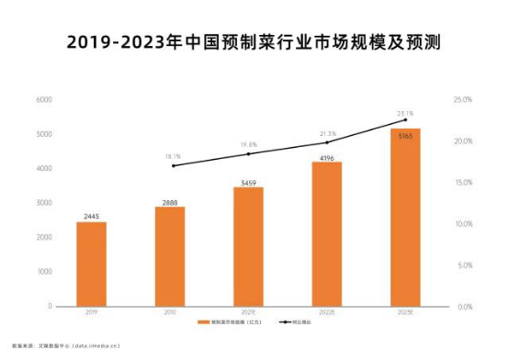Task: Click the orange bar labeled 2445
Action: (x=91, y=264)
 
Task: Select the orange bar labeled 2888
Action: (x=169, y=256)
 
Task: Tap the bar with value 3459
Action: (x=248, y=246)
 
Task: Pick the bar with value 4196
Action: (x=326, y=233)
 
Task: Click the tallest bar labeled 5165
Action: (x=405, y=217)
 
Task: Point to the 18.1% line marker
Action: (x=173, y=165)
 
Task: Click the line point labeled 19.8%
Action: (x=248, y=153)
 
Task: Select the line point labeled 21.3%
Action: (x=326, y=142)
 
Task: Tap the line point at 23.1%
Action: (x=405, y=120)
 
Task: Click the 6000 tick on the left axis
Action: (x=44, y=99)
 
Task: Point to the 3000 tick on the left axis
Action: (x=44, y=203)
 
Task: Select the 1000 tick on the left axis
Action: (x=44, y=272)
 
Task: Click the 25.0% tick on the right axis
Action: (x=462, y=99)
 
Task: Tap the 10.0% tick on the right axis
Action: (x=462, y=224)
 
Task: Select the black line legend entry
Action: (x=287, y=323)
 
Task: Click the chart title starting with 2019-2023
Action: (x=254, y=43)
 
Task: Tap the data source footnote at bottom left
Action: (x=61, y=346)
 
